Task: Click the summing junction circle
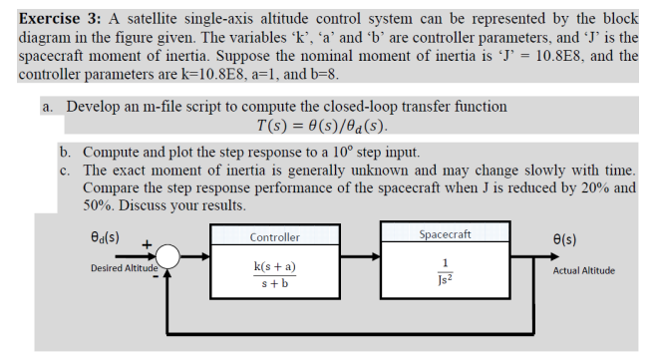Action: [x=166, y=257]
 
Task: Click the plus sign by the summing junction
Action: [x=148, y=242]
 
